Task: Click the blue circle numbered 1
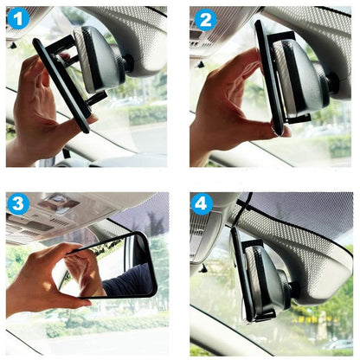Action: click(18, 19)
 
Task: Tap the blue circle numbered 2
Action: click(205, 20)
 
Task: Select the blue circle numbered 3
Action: click(18, 203)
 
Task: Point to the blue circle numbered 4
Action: click(202, 203)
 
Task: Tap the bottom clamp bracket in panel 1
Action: click(97, 98)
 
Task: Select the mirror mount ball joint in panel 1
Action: click(128, 64)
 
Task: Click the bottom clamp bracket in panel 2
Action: click(299, 119)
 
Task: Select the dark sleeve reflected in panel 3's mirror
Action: click(128, 280)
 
